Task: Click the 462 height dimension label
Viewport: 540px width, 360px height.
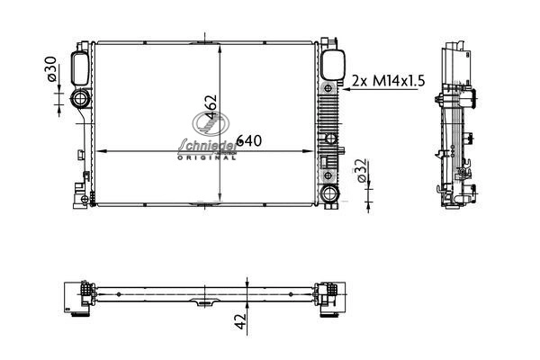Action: coord(211,107)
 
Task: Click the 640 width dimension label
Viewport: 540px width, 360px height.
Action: coord(248,140)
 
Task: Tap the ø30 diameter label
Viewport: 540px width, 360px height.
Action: coord(51,69)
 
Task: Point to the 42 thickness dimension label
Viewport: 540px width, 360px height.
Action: coord(241,321)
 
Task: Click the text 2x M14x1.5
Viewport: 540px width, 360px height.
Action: coord(388,81)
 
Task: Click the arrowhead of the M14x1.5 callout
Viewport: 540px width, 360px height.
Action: coord(346,89)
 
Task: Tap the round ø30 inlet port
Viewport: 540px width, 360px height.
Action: coord(81,99)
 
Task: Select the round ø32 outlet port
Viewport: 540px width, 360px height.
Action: coord(329,194)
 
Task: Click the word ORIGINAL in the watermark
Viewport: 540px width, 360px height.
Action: coord(207,157)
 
